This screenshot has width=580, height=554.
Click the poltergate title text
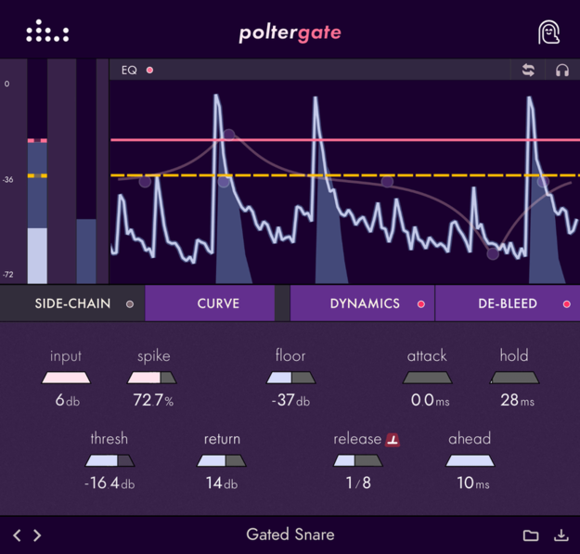pyautogui.click(x=290, y=33)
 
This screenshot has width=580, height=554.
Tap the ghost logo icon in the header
pyautogui.click(x=549, y=32)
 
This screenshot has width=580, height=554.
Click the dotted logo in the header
pyautogui.click(x=47, y=32)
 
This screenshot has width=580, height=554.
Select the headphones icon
pyautogui.click(x=561, y=71)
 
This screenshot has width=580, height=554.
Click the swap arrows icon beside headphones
pyautogui.click(x=528, y=71)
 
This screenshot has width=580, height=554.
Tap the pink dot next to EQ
pyautogui.click(x=149, y=71)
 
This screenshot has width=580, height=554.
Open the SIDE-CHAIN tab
pyautogui.click(x=72, y=303)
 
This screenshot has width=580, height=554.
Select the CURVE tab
pyautogui.click(x=218, y=303)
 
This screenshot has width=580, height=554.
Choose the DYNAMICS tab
pyautogui.click(x=364, y=303)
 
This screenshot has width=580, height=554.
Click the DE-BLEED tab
pyautogui.click(x=508, y=303)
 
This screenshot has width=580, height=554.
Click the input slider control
pyautogui.click(x=66, y=378)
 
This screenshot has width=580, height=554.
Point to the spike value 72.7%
pyautogui.click(x=153, y=401)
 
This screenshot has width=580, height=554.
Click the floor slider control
pyautogui.click(x=290, y=378)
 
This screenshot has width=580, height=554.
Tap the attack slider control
pyautogui.click(x=427, y=378)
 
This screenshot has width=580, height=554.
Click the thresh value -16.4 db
pyautogui.click(x=110, y=483)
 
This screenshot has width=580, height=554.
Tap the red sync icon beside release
pyautogui.click(x=393, y=439)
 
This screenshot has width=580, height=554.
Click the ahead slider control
pyautogui.click(x=470, y=460)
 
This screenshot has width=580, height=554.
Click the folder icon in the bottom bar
pyautogui.click(x=531, y=535)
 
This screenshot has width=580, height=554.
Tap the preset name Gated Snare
pyautogui.click(x=290, y=535)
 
